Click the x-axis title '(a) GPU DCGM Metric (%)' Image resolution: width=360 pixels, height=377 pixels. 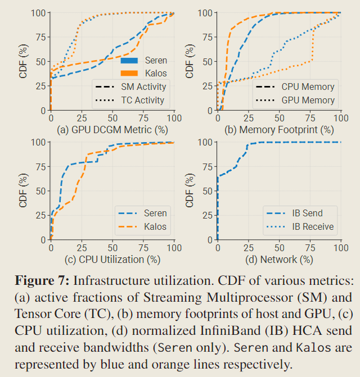coord(112,130)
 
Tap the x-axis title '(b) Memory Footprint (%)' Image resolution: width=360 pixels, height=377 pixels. coord(279,130)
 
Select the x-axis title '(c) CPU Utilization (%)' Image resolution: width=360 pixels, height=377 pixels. coord(112,260)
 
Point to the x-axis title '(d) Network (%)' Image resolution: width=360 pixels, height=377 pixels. coord(280,260)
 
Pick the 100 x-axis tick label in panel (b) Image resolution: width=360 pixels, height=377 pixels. coord(341,118)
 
